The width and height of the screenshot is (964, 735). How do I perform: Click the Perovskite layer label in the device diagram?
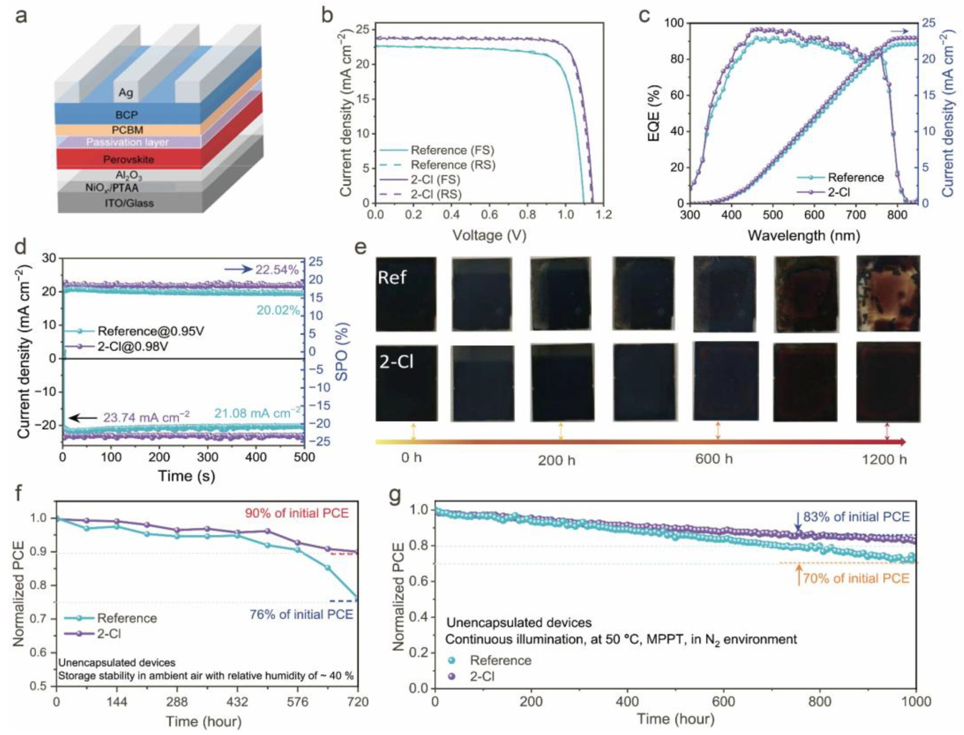point(129,159)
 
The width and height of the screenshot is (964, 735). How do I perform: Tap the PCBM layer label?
point(127,130)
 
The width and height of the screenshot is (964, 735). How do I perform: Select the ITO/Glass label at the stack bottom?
point(129,203)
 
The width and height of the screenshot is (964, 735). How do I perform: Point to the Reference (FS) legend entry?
point(452,150)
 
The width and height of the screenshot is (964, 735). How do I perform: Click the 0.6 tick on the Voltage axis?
point(489,214)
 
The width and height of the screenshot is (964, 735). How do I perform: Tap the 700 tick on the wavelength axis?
point(856,214)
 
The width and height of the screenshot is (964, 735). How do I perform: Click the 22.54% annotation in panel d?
point(277,269)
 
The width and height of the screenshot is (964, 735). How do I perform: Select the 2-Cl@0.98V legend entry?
point(133,346)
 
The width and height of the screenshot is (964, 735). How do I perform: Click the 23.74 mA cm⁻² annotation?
point(146,417)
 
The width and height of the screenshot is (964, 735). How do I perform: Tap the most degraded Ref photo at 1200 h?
point(888,294)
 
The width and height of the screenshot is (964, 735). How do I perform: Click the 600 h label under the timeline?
point(714,459)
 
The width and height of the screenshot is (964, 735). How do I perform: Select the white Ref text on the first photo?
point(392,277)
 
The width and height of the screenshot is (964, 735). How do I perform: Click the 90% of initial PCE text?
point(297,513)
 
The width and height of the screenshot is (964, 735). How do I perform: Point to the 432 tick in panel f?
point(237,702)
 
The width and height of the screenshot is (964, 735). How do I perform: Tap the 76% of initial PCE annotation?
point(301,614)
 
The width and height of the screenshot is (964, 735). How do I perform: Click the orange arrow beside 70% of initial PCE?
point(799,575)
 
